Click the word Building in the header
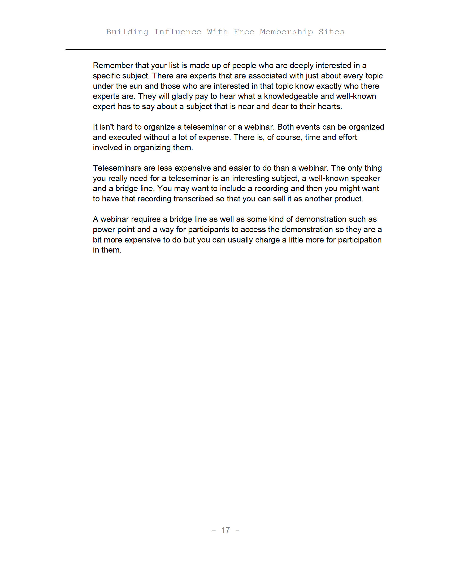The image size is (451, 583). pyautogui.click(x=127, y=32)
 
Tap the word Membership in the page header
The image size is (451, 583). pyautogui.click(x=286, y=32)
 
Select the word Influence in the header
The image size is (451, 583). pyautogui.click(x=178, y=32)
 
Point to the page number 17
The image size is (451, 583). pyautogui.click(x=226, y=530)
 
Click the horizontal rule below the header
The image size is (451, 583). pyautogui.click(x=226, y=50)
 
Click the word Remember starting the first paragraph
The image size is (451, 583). pyautogui.click(x=113, y=65)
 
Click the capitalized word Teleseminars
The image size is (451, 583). pyautogui.click(x=117, y=168)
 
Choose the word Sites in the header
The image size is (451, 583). pyautogui.click(x=331, y=32)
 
